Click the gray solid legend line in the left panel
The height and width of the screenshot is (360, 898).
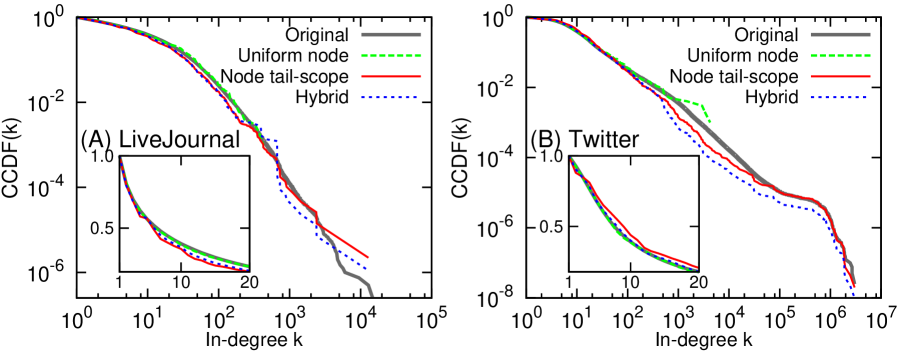coord(391,34)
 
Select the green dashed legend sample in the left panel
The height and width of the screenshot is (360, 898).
coord(391,56)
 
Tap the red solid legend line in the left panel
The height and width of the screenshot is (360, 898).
coord(391,77)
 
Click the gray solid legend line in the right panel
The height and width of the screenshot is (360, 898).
coord(840,34)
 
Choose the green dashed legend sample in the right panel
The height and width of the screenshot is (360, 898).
coord(840,56)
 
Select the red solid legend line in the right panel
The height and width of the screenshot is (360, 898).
coord(840,77)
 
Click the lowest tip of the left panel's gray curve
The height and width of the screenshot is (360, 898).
coord(372,295)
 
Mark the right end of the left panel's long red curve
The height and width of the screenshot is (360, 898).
coord(368,257)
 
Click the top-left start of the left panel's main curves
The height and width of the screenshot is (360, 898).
coord(78,17)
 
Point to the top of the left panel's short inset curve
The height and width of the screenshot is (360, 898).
coord(120,158)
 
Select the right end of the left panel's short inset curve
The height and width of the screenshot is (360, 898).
coord(247,268)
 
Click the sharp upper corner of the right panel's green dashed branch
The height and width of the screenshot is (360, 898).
coord(701,104)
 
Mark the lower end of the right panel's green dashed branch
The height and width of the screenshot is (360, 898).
coord(710,122)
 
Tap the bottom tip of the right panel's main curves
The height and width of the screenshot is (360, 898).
coord(854,293)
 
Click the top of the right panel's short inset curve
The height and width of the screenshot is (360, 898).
coord(571,158)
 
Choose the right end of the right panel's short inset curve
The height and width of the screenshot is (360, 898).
coord(697,271)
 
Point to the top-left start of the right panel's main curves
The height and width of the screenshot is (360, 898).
coord(527,17)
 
